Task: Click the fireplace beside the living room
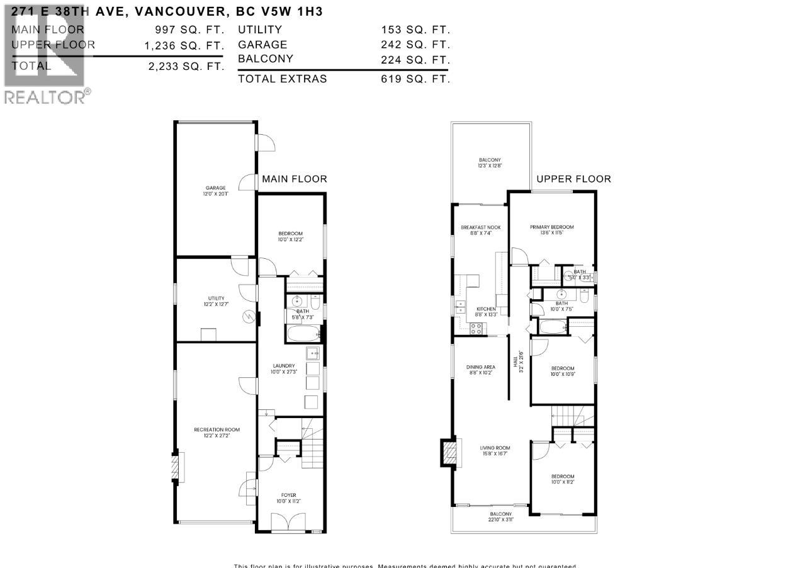tap(448, 452)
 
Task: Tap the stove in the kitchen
tap(476, 327)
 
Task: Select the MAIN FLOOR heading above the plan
tap(295, 179)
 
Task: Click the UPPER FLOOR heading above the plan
tap(573, 179)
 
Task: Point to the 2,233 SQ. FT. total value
tap(186, 66)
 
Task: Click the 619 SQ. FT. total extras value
tap(415, 79)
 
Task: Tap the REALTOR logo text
tap(45, 96)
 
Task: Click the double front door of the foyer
tap(289, 522)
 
